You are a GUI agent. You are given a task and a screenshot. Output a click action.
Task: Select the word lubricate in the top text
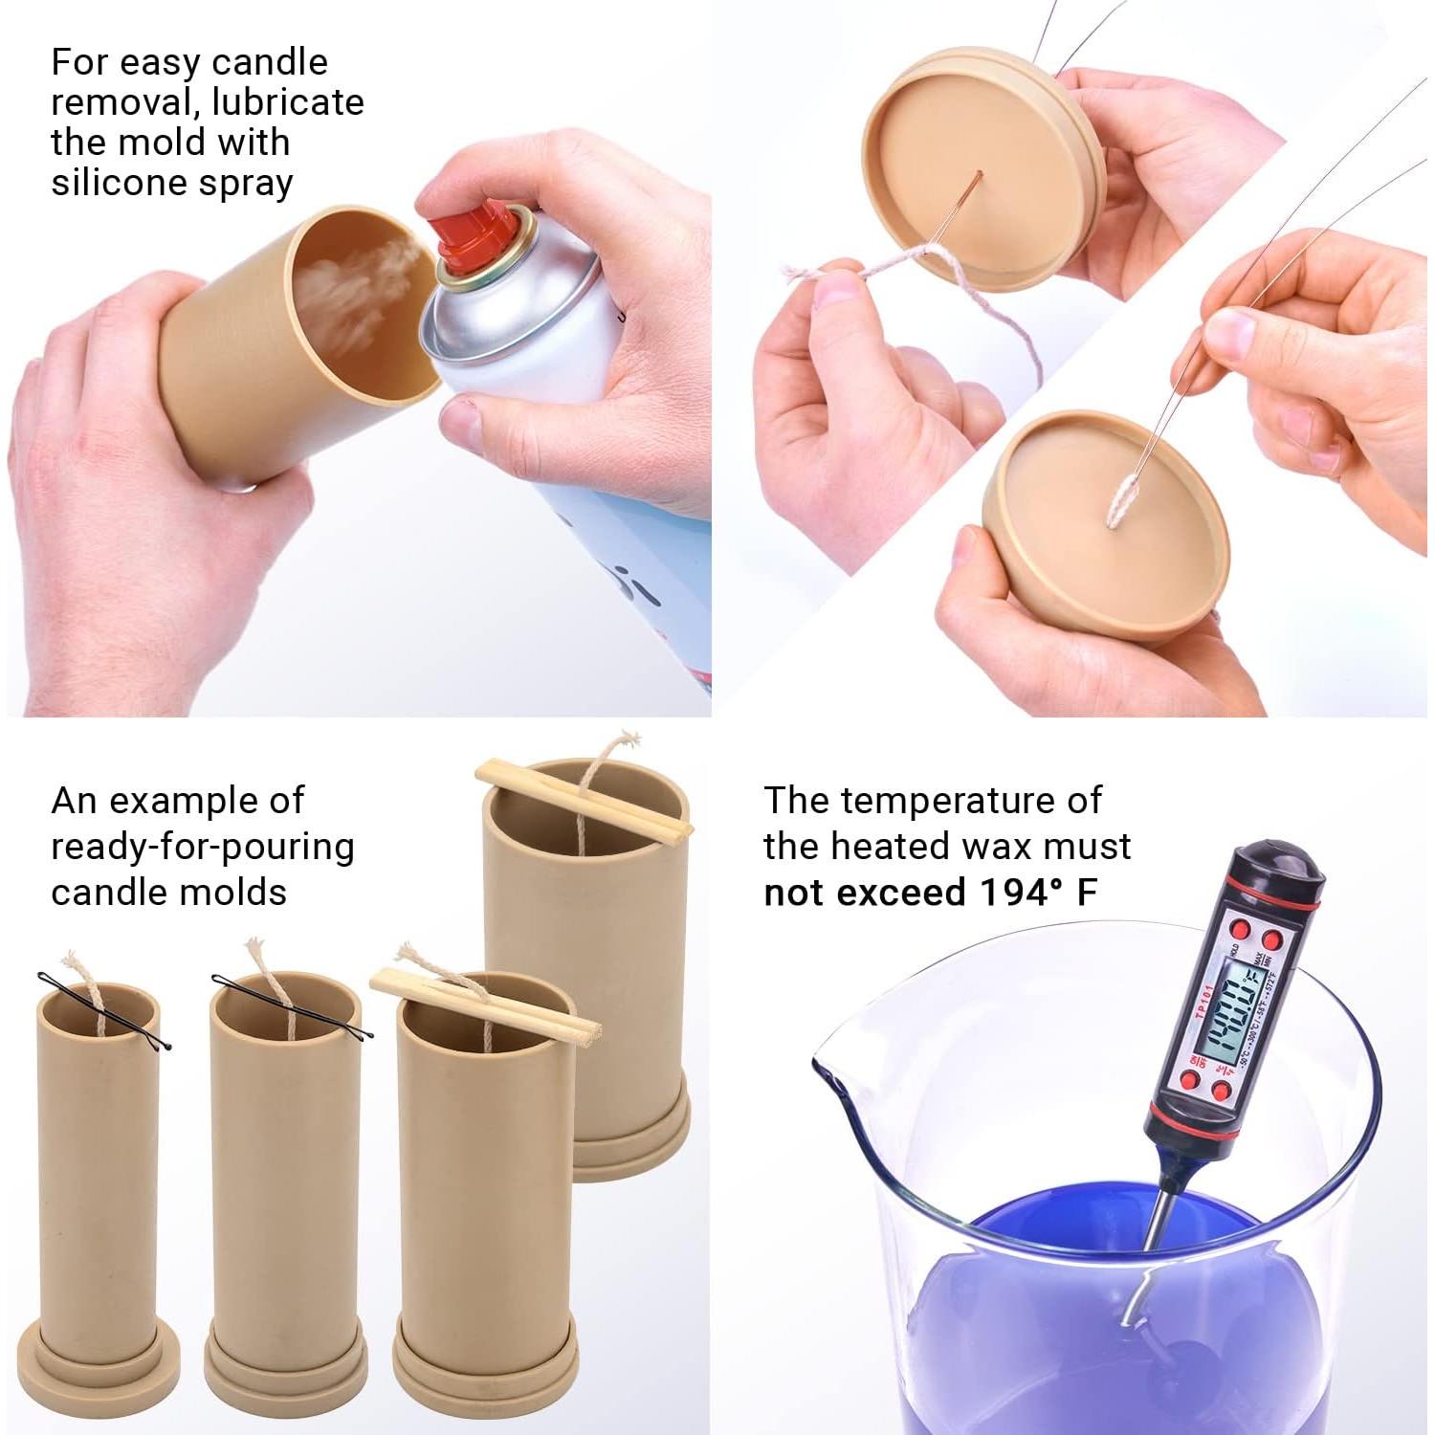pos(288,101)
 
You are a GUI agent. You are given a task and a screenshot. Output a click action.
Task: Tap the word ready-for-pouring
pos(202,847)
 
